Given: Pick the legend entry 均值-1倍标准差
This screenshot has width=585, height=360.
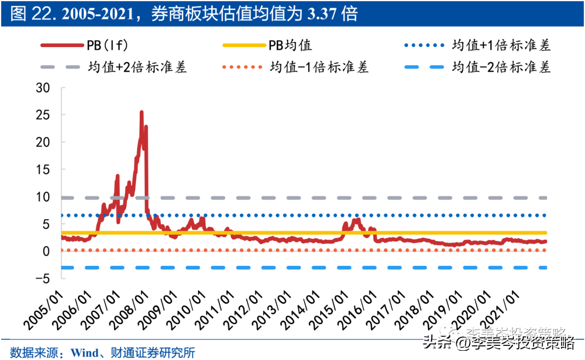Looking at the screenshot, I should (319, 67).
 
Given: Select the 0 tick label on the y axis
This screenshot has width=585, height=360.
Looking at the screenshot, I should (47, 251).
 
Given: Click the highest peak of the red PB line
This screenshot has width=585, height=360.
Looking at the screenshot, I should (141, 112).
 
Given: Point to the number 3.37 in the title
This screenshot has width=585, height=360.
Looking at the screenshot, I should (322, 14).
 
